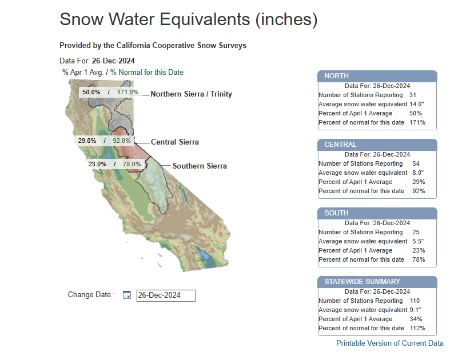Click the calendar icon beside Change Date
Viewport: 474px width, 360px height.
[x=127, y=295]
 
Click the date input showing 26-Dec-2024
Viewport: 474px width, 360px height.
[x=166, y=295]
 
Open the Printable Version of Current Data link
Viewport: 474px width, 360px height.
[x=389, y=343]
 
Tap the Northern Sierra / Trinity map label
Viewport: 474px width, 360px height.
[x=192, y=94]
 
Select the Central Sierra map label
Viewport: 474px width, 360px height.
[x=175, y=142]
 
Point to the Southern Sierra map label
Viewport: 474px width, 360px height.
[x=200, y=166]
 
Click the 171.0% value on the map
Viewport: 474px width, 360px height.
[x=128, y=92]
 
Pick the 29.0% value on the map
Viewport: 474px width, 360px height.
[x=87, y=141]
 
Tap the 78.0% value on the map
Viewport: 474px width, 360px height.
[x=132, y=164]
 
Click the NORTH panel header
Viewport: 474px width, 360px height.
[x=377, y=76]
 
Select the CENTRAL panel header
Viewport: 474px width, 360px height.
[x=377, y=145]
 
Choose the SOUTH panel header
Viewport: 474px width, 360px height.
[x=377, y=213]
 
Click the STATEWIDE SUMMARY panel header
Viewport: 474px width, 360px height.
[x=377, y=282]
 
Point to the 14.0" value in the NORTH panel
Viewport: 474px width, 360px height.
[x=417, y=104]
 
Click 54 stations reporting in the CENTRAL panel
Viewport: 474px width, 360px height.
[x=416, y=163]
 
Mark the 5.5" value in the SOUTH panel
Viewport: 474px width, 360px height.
[x=418, y=241]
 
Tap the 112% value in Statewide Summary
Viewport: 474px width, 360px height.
[x=417, y=328]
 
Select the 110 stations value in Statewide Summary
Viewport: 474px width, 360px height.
[x=415, y=301]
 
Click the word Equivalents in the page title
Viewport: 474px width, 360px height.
[x=205, y=19]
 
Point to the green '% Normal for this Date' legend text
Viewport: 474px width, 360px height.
[x=147, y=73]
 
